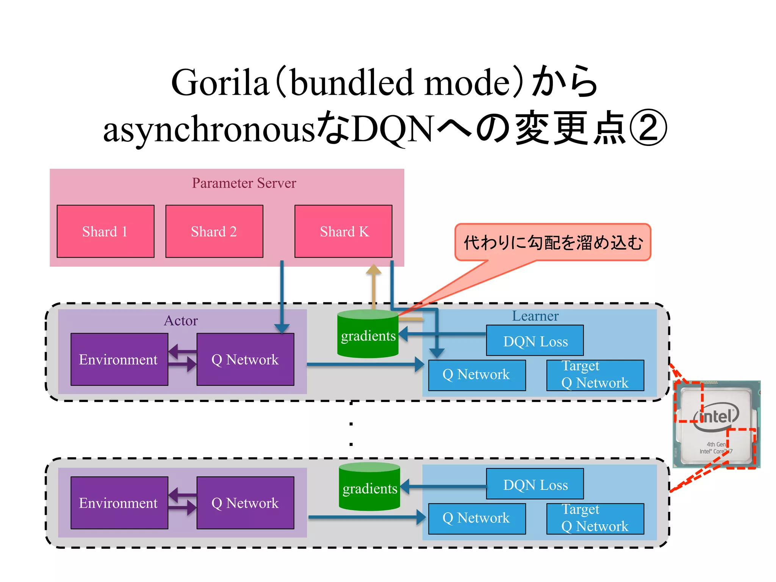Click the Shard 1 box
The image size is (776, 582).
[105, 231]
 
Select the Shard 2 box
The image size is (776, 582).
[214, 231]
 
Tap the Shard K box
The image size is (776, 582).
[343, 231]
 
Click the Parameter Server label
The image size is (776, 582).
[244, 183]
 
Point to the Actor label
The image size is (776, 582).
[181, 321]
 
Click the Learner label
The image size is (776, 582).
[535, 316]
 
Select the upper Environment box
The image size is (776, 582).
[119, 359]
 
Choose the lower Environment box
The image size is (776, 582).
[119, 503]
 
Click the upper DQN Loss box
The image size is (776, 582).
[535, 341]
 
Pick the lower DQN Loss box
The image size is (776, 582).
[535, 484]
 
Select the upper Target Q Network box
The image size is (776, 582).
[595, 375]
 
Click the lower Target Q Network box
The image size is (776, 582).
[595, 518]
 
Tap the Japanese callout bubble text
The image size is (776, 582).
[553, 242]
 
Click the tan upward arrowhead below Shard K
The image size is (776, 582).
[374, 270]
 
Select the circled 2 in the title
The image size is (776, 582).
[648, 128]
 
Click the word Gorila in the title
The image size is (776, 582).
[220, 82]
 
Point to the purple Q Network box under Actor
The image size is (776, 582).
[245, 359]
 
